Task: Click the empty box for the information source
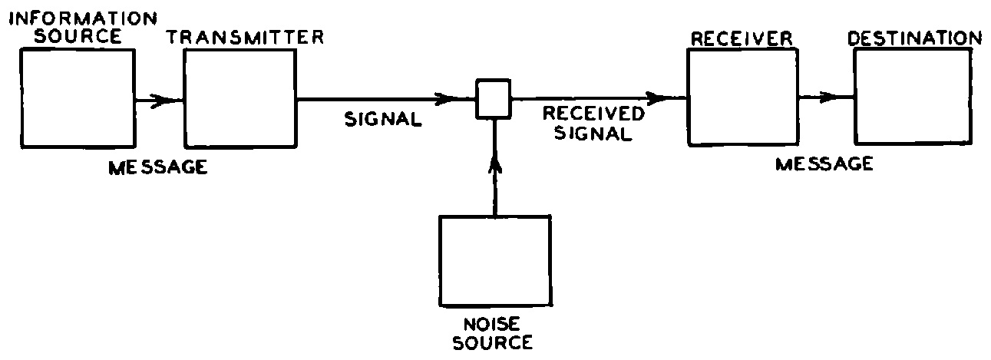[x=78, y=99]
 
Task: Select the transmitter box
[x=240, y=100]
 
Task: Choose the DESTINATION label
[x=914, y=38]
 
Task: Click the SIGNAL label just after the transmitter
[x=384, y=119]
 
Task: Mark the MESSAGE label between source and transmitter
[x=157, y=167]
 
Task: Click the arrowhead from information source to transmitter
[x=161, y=100]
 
